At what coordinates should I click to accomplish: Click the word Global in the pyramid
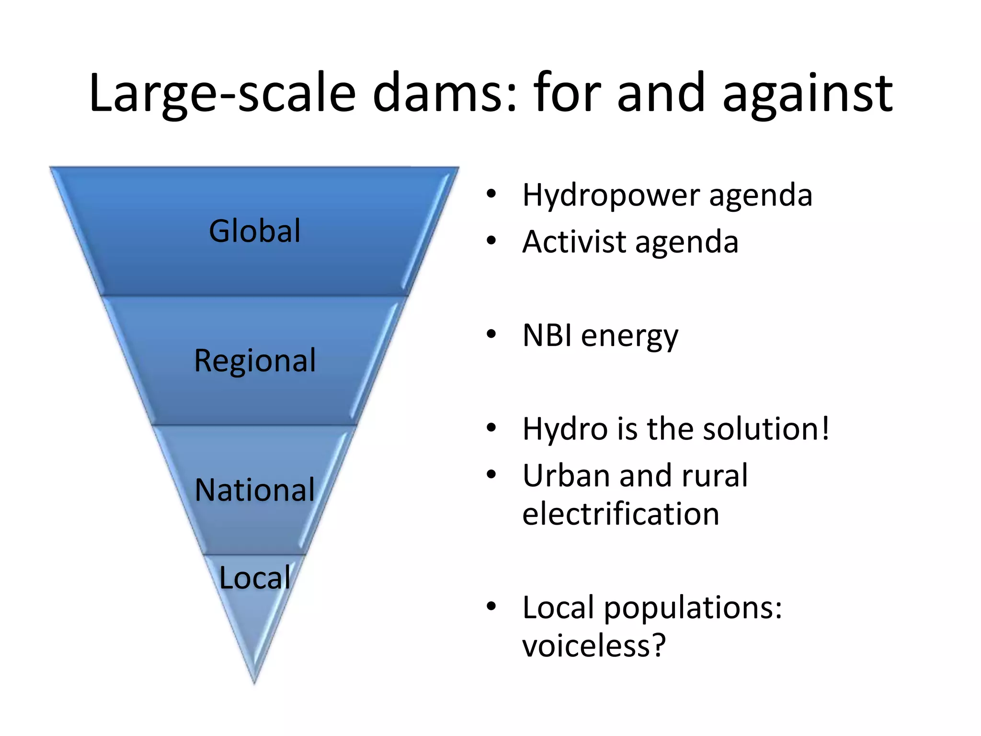point(255,231)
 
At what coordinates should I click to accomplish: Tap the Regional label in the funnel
point(255,360)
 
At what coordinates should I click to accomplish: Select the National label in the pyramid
point(255,490)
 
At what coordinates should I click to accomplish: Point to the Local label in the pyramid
point(255,577)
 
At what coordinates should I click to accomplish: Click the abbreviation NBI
point(547,335)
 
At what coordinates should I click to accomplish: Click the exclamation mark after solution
point(824,428)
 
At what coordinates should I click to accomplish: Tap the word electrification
point(621,514)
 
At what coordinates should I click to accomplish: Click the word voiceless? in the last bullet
point(594,645)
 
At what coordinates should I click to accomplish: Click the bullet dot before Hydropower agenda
point(491,195)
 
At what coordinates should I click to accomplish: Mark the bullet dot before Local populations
point(491,607)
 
